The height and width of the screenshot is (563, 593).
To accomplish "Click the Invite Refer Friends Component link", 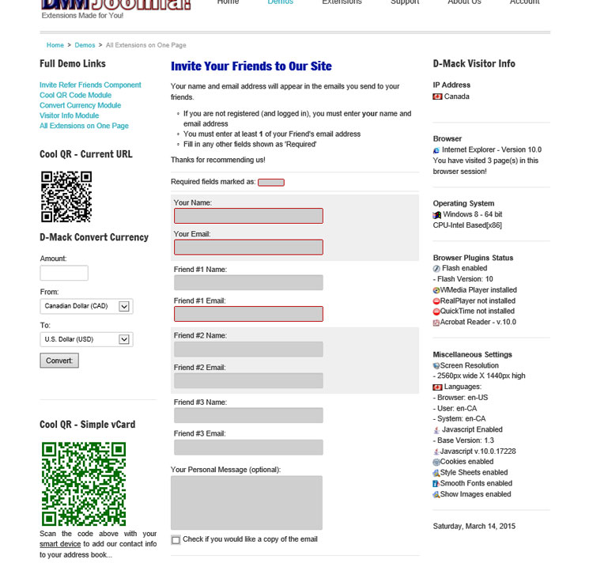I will (90, 85).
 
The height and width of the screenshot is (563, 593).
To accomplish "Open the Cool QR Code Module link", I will (75, 95).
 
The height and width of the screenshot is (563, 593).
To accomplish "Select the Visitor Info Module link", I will (69, 115).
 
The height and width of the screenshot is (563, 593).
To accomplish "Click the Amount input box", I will (64, 273).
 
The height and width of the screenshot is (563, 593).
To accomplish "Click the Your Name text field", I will (248, 216).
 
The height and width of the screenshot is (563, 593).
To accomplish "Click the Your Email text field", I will (248, 247).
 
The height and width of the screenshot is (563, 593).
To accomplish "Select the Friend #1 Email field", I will (248, 314).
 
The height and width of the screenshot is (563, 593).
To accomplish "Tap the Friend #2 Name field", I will (248, 349).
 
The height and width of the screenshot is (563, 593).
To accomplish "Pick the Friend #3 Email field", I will (248, 447).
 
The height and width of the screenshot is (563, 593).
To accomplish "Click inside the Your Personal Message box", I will (247, 502).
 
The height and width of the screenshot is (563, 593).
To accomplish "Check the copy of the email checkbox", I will (176, 540).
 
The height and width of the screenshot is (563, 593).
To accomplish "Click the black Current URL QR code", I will (66, 196).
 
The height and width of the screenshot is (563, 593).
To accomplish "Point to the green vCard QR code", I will (84, 483).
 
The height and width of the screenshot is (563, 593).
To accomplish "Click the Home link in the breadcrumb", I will (55, 45).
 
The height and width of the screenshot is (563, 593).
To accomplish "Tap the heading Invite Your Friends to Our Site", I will (251, 66).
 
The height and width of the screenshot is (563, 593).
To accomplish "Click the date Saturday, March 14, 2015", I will (474, 526).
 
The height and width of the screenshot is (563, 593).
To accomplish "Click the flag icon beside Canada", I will (437, 96).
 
